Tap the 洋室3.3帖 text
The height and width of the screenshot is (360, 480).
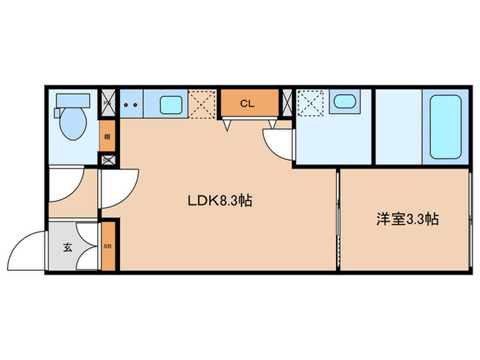click(x=407, y=219)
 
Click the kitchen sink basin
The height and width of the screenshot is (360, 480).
click(x=171, y=105)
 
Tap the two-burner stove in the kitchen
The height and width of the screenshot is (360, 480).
click(x=131, y=105)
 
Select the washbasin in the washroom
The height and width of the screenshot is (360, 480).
click(x=341, y=103)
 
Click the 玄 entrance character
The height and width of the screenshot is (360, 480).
click(x=68, y=248)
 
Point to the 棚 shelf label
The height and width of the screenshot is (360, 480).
click(x=107, y=136)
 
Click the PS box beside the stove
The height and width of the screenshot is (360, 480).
click(x=107, y=104)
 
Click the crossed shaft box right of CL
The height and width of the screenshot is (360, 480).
click(x=287, y=104)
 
